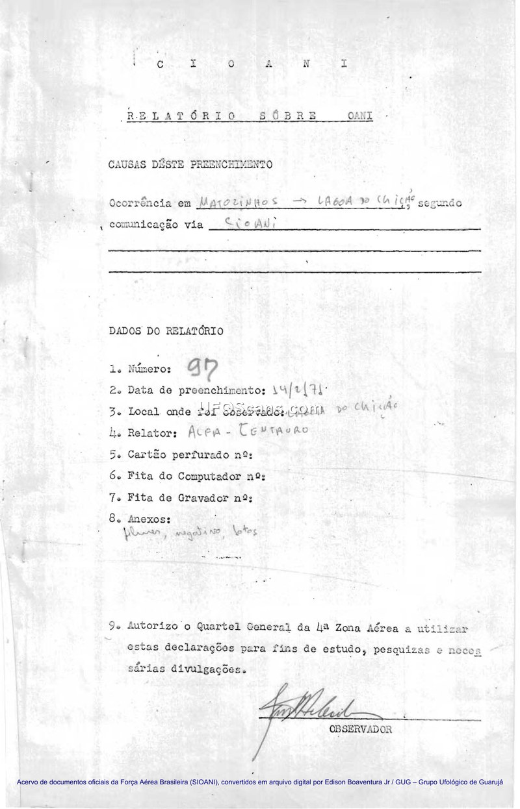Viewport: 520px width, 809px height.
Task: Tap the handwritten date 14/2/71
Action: pyautogui.click(x=298, y=390)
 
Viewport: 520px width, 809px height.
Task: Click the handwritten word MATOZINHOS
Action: pyautogui.click(x=238, y=203)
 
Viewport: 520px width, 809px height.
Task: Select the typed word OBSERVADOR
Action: pyautogui.click(x=361, y=729)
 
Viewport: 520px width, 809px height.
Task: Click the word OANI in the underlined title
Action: pyautogui.click(x=359, y=116)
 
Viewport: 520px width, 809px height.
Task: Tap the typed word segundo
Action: pyautogui.click(x=440, y=203)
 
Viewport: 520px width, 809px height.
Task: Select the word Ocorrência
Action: pyautogui.click(x=141, y=203)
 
